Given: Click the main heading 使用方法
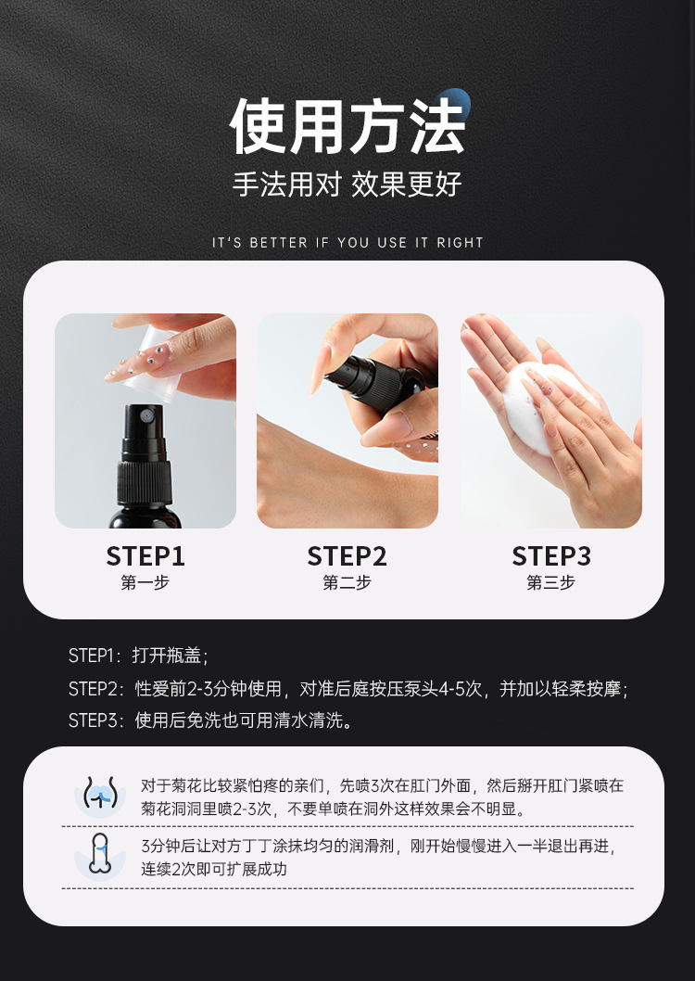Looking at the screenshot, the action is pyautogui.click(x=347, y=127).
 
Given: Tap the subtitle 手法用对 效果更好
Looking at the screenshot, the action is pyautogui.click(x=347, y=185).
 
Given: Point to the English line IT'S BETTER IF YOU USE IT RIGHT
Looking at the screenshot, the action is pyautogui.click(x=347, y=243).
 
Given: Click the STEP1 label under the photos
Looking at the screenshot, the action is pyautogui.click(x=145, y=556).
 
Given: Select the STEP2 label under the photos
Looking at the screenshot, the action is pyautogui.click(x=347, y=556).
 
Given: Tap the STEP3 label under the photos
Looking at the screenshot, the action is pyautogui.click(x=551, y=556).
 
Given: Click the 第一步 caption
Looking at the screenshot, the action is pyautogui.click(x=145, y=582).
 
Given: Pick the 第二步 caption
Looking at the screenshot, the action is pyautogui.click(x=347, y=582).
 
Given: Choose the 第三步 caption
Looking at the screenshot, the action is pyautogui.click(x=550, y=582).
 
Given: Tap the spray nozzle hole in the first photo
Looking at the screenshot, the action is pyautogui.click(x=145, y=414).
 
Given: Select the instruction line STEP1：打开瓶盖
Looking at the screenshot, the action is pyautogui.click(x=138, y=656).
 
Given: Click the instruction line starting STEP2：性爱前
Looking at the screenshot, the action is pyautogui.click(x=348, y=689).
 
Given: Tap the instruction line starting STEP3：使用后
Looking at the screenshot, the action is pyautogui.click(x=211, y=720).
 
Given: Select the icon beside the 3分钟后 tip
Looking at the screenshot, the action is pyautogui.click(x=100, y=855).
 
